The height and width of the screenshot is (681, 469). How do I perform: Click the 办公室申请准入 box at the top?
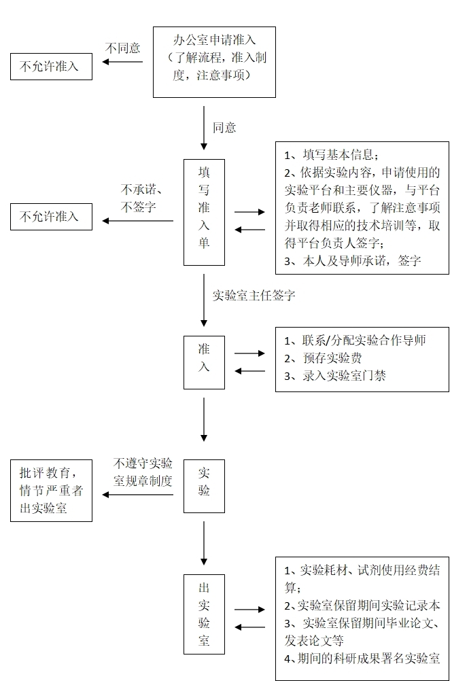[214, 62]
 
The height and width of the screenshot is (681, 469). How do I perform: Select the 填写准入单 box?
[204, 212]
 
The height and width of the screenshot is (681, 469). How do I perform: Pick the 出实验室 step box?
[204, 614]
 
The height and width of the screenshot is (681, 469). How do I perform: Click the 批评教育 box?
[51, 490]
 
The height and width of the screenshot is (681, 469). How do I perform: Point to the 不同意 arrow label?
[123, 48]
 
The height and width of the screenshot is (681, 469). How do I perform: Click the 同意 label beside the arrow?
[224, 127]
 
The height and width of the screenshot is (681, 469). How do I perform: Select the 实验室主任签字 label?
[254, 296]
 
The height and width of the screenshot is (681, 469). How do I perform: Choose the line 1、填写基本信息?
[330, 154]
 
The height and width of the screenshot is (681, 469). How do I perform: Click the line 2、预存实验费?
[323, 358]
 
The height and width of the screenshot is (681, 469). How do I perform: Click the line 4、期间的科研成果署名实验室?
[362, 658]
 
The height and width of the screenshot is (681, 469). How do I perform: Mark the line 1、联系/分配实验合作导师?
[355, 340]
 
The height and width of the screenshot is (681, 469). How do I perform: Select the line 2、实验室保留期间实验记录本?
[362, 606]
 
